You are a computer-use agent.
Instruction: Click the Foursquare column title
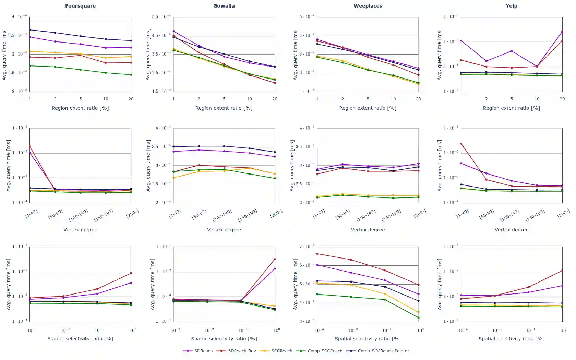[80, 6]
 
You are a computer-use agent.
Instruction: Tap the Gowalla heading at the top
[224, 6]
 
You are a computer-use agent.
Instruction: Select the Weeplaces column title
[368, 6]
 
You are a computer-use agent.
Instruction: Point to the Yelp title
[511, 6]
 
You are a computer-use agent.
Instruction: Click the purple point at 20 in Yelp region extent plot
[562, 32]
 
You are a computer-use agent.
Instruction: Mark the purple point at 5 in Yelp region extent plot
[512, 51]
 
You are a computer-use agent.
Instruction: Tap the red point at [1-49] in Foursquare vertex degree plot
[30, 147]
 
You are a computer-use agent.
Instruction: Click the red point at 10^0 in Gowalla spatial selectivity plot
[275, 259]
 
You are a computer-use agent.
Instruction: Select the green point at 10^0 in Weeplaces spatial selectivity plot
[419, 317]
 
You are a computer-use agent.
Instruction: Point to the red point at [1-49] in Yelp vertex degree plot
[461, 144]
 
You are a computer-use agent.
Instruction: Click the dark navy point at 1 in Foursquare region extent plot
[30, 30]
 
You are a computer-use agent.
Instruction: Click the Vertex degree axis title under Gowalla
[224, 230]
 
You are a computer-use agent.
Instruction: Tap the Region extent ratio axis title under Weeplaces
[368, 108]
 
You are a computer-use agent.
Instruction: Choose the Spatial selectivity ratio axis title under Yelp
[511, 339]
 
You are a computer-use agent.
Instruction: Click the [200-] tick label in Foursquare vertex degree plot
[132, 214]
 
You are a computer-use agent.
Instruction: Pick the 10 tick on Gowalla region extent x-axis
[249, 99]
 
